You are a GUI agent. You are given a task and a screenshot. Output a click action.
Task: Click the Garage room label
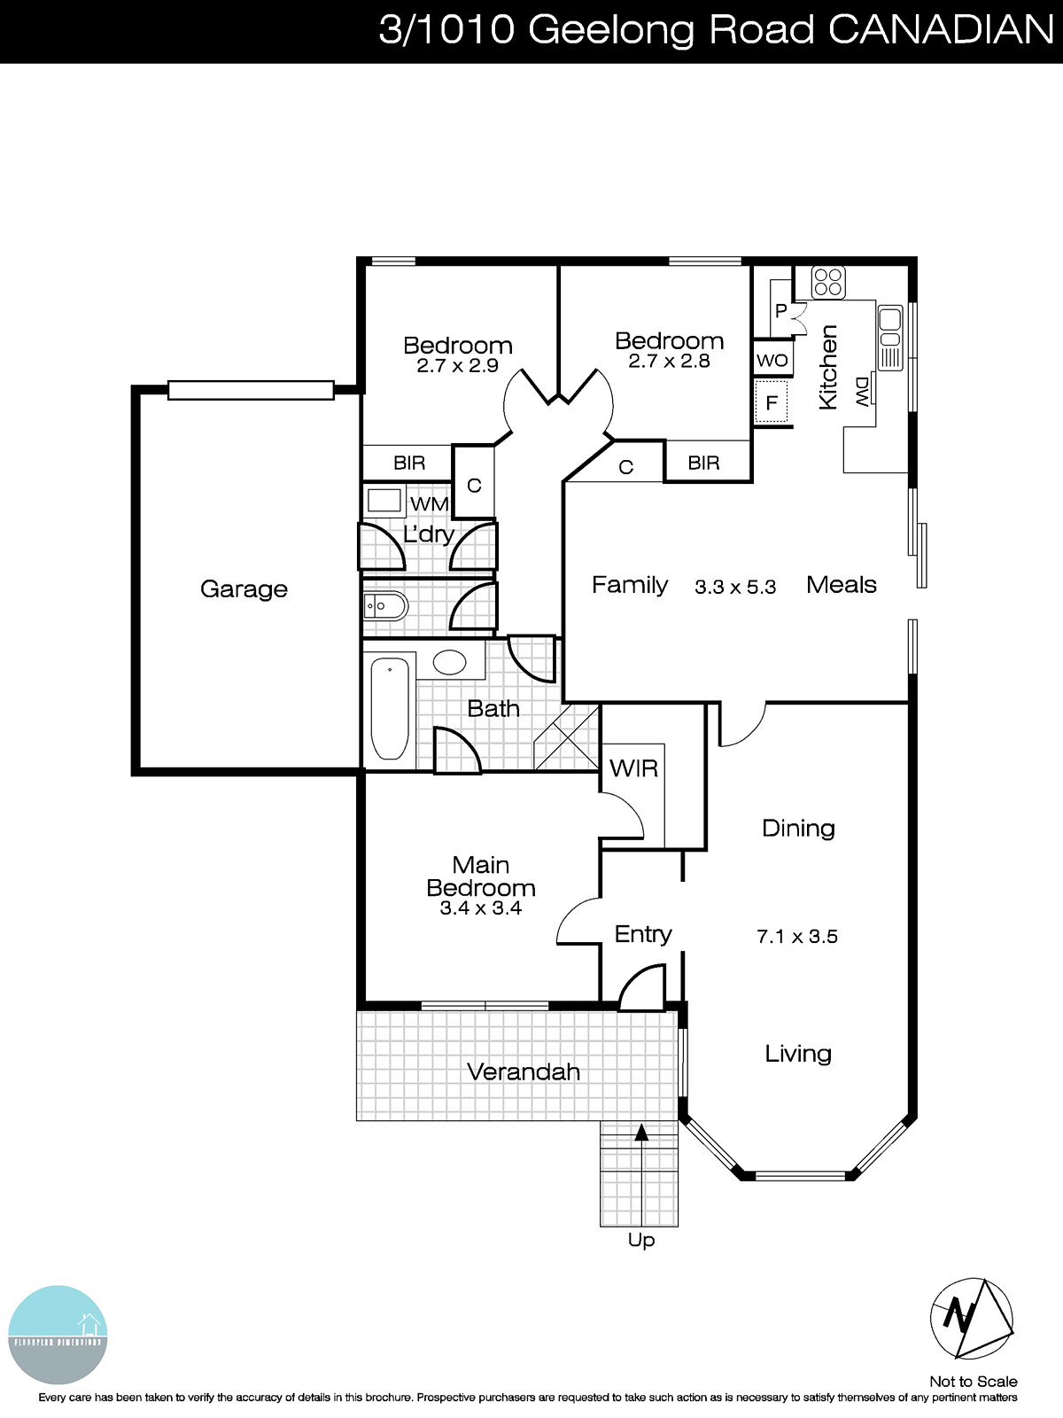(x=244, y=589)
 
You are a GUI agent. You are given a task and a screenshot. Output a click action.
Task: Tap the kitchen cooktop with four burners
(x=828, y=283)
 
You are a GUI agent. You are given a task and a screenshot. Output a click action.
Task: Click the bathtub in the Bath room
(x=389, y=708)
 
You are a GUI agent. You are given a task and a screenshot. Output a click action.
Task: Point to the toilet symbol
(x=384, y=607)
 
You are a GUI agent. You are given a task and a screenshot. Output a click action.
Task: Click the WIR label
(x=633, y=768)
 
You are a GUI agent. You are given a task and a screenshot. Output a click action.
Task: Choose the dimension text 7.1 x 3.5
(x=797, y=937)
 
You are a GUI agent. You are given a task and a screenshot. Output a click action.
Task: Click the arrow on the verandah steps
(x=641, y=1132)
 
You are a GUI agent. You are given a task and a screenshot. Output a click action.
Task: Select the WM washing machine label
(x=430, y=503)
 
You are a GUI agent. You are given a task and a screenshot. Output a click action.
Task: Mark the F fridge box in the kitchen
(x=772, y=403)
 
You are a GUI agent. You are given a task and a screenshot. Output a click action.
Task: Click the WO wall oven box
(x=772, y=361)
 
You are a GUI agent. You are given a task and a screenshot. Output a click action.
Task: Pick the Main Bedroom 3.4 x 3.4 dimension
(x=481, y=908)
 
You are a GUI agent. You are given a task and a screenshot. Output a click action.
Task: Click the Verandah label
(x=524, y=1071)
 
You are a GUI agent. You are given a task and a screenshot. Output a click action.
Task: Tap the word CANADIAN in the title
(x=941, y=30)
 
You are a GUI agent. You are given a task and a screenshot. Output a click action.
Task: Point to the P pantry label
(x=781, y=311)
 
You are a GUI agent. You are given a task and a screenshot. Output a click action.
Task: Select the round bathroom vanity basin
(x=449, y=662)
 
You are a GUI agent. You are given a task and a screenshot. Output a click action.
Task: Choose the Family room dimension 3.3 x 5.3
(x=735, y=587)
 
